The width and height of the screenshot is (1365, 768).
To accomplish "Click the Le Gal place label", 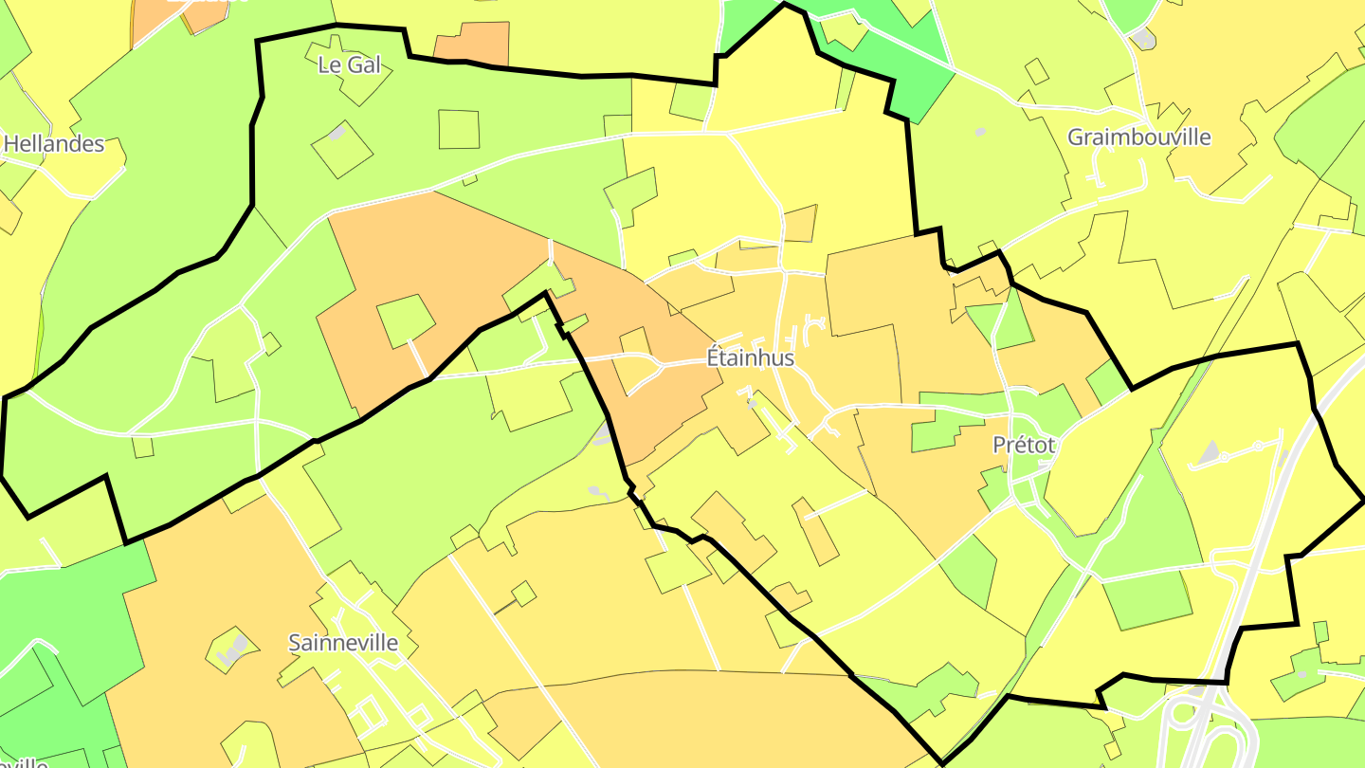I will pyautogui.click(x=350, y=64).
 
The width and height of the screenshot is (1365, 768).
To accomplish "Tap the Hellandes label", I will pyautogui.click(x=54, y=144).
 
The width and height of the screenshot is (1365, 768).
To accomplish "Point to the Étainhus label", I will pyautogui.click(x=751, y=358).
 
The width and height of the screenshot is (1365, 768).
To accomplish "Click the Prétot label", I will pyautogui.click(x=1024, y=445).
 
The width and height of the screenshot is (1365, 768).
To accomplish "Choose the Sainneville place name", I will pyautogui.click(x=343, y=643).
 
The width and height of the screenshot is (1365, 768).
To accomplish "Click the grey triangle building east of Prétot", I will pyautogui.click(x=1207, y=453).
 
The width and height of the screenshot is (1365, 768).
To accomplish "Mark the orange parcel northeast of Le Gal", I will pyautogui.click(x=472, y=44).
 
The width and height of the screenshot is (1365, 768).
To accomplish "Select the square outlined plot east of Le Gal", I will pyautogui.click(x=459, y=129).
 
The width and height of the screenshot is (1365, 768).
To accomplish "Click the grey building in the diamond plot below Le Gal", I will pyautogui.click(x=338, y=134).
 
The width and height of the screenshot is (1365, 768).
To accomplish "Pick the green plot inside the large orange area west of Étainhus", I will pyautogui.click(x=406, y=320).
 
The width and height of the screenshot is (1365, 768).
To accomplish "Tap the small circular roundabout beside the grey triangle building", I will pyautogui.click(x=1223, y=458).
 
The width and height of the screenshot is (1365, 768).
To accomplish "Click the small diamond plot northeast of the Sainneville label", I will pyautogui.click(x=523, y=594).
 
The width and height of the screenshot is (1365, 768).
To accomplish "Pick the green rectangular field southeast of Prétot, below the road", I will pyautogui.click(x=1147, y=599).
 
